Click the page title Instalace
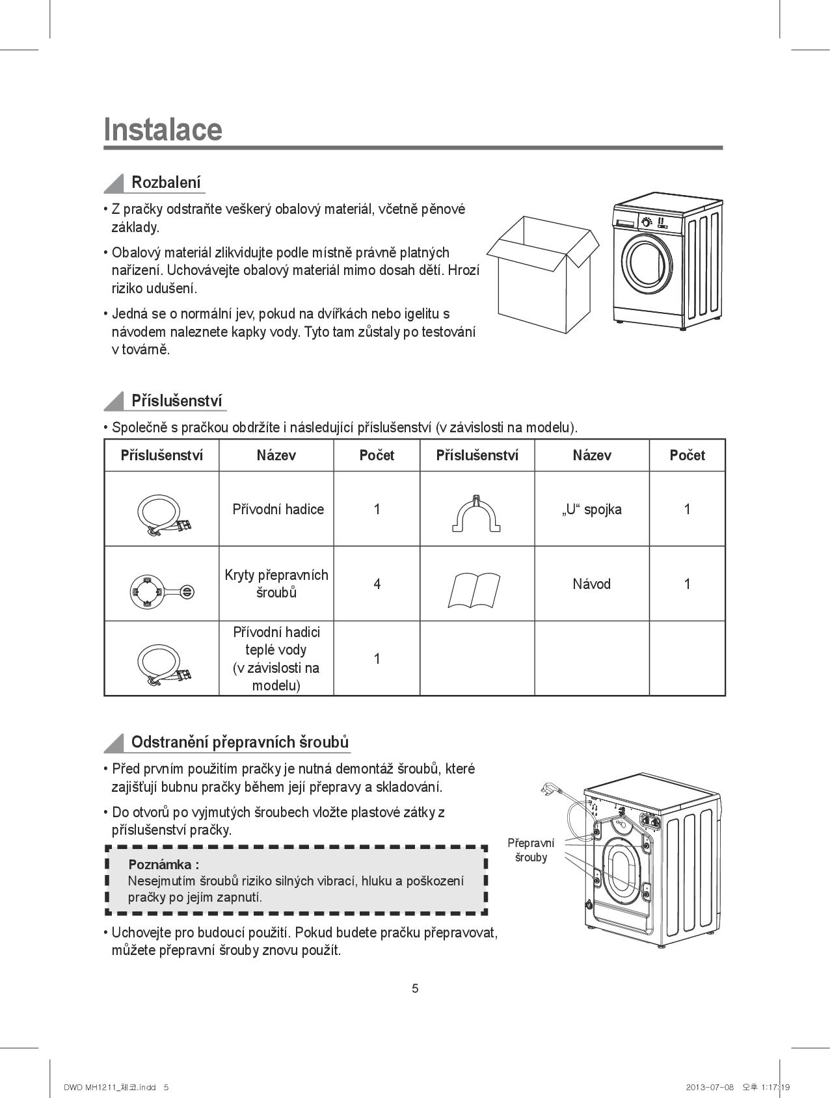(163, 129)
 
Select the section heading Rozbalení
(166, 182)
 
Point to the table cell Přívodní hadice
(278, 509)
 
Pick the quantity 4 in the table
(377, 584)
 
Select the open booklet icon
(474, 590)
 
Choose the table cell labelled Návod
(591, 584)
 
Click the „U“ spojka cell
(591, 509)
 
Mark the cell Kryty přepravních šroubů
(276, 584)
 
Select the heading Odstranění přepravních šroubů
(239, 742)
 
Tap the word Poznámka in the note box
(163, 864)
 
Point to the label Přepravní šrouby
(531, 850)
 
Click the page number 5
(415, 989)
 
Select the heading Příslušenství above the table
(176, 400)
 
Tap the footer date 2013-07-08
(709, 1087)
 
